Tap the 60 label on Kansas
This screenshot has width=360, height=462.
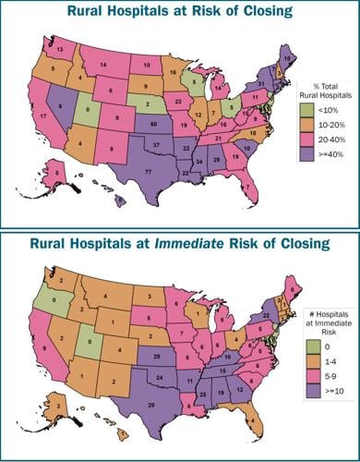pos(152,123)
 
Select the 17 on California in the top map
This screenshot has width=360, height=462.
pos(43,116)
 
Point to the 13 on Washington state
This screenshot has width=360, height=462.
pos(59,47)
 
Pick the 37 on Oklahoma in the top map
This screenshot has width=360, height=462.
pos(158,146)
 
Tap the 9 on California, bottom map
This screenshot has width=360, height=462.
pos(43,349)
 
